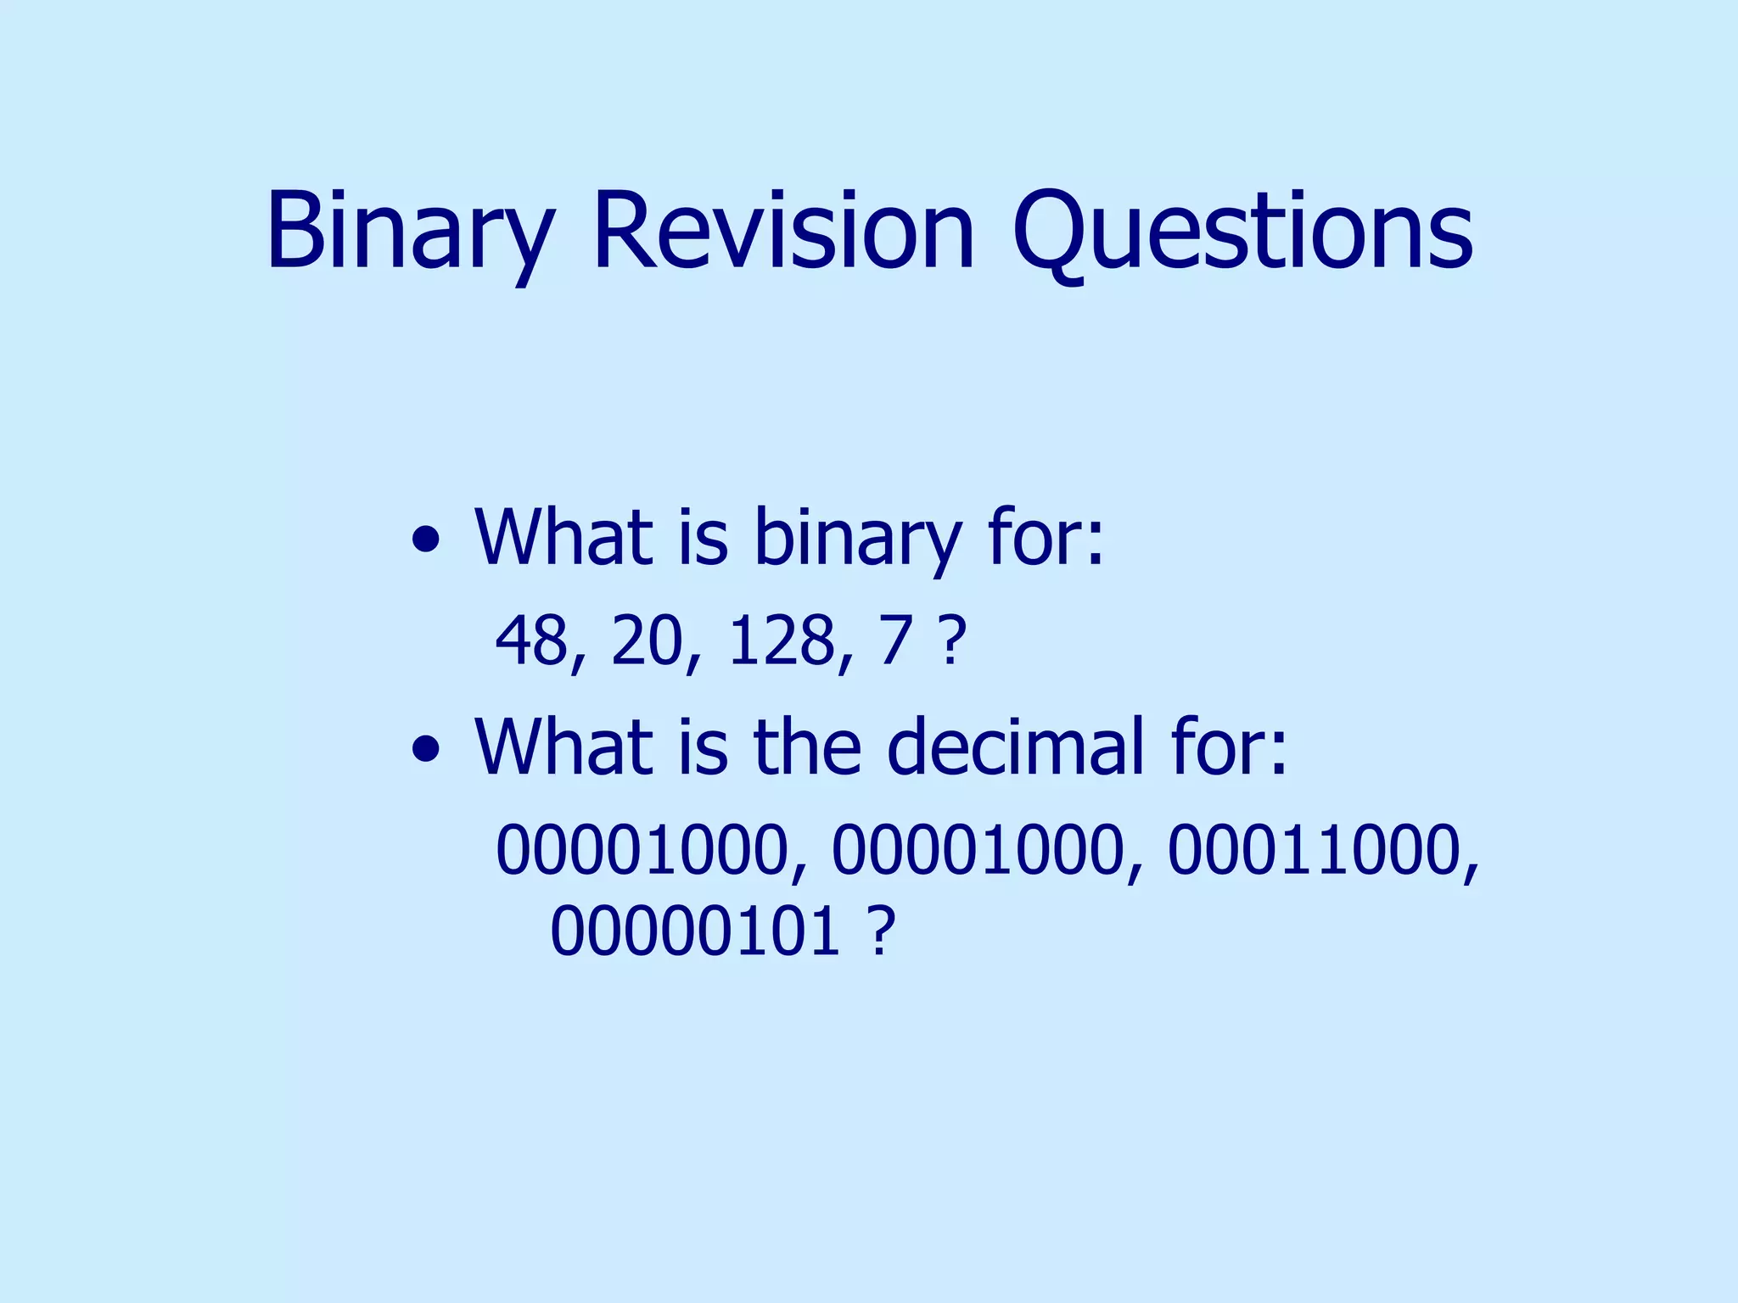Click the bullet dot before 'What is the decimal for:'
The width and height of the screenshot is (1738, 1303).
pyautogui.click(x=425, y=748)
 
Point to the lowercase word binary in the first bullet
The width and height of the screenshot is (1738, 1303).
pyautogui.click(x=857, y=539)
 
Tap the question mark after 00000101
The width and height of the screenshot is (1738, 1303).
pyautogui.click(x=883, y=931)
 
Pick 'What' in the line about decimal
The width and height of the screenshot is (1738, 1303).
pyautogui.click(x=564, y=747)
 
